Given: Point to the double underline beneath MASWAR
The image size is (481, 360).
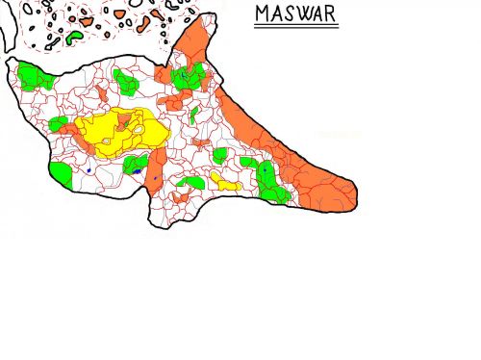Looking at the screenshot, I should click(x=296, y=27).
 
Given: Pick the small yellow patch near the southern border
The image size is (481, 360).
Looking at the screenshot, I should click(x=227, y=182).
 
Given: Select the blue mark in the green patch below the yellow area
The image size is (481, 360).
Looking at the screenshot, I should click(x=137, y=170).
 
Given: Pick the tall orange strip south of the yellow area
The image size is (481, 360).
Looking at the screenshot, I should click(x=156, y=168).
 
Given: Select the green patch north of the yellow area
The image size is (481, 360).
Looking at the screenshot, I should click(x=126, y=81).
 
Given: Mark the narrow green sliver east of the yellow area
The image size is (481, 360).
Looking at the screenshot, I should click(x=194, y=116).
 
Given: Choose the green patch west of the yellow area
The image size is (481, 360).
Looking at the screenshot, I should click(x=59, y=123).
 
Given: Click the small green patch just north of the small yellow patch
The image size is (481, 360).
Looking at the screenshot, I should click(x=220, y=154).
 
